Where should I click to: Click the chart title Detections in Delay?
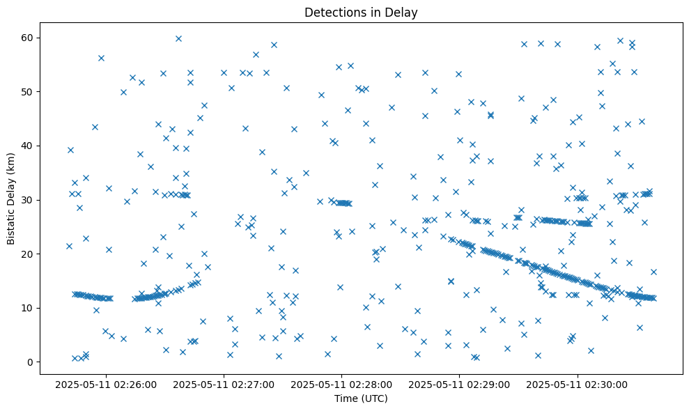tap(361, 12)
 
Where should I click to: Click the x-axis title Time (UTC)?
tap(361, 398)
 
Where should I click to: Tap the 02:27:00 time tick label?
tap(224, 384)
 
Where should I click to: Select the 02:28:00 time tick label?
tap(342, 384)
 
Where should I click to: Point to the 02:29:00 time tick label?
tap(460, 384)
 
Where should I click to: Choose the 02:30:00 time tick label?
tap(578, 384)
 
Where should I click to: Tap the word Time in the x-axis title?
tap(346, 398)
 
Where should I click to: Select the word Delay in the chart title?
tap(403, 12)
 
